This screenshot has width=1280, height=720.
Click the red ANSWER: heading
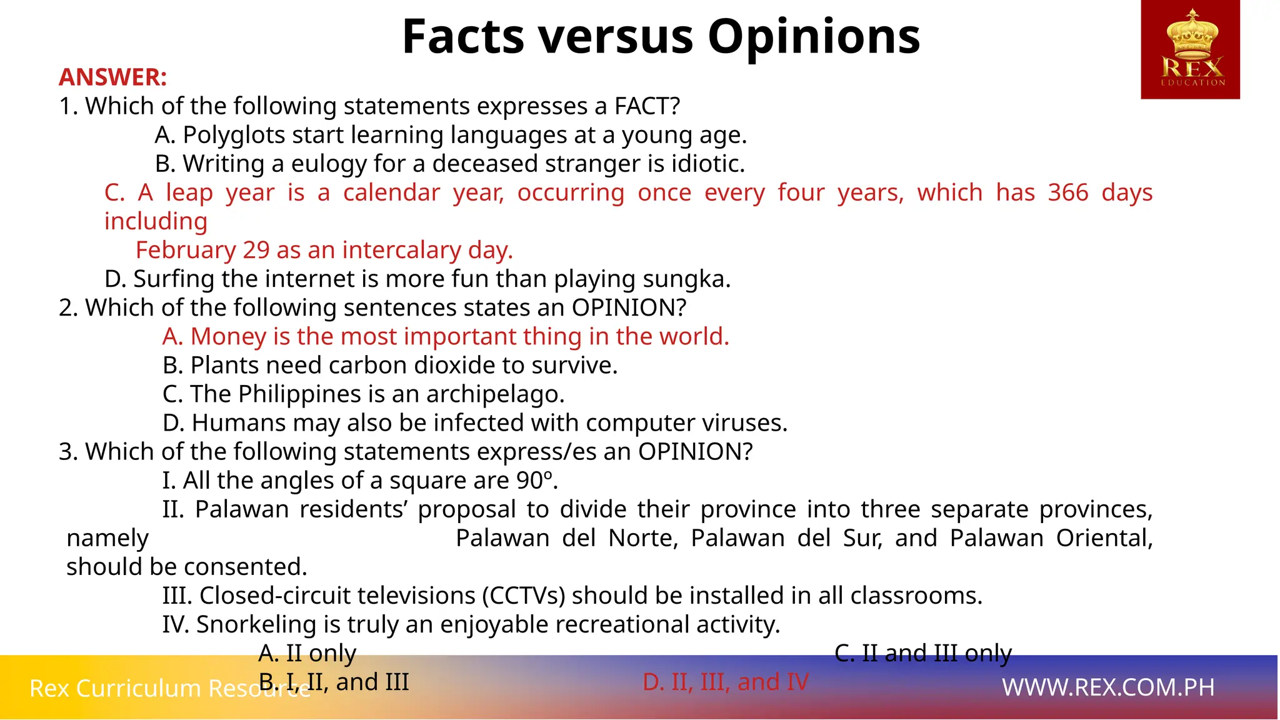[113, 77]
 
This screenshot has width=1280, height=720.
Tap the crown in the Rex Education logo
[1191, 34]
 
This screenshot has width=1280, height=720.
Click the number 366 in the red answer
[1068, 192]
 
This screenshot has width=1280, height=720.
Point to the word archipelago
[495, 394]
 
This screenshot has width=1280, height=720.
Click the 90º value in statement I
[537, 481]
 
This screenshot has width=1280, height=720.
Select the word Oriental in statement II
[1104, 538]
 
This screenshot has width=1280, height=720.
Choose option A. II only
[307, 653]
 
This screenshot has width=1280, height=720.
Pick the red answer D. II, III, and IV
[726, 682]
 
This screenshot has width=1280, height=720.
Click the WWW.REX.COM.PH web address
[1108, 687]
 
